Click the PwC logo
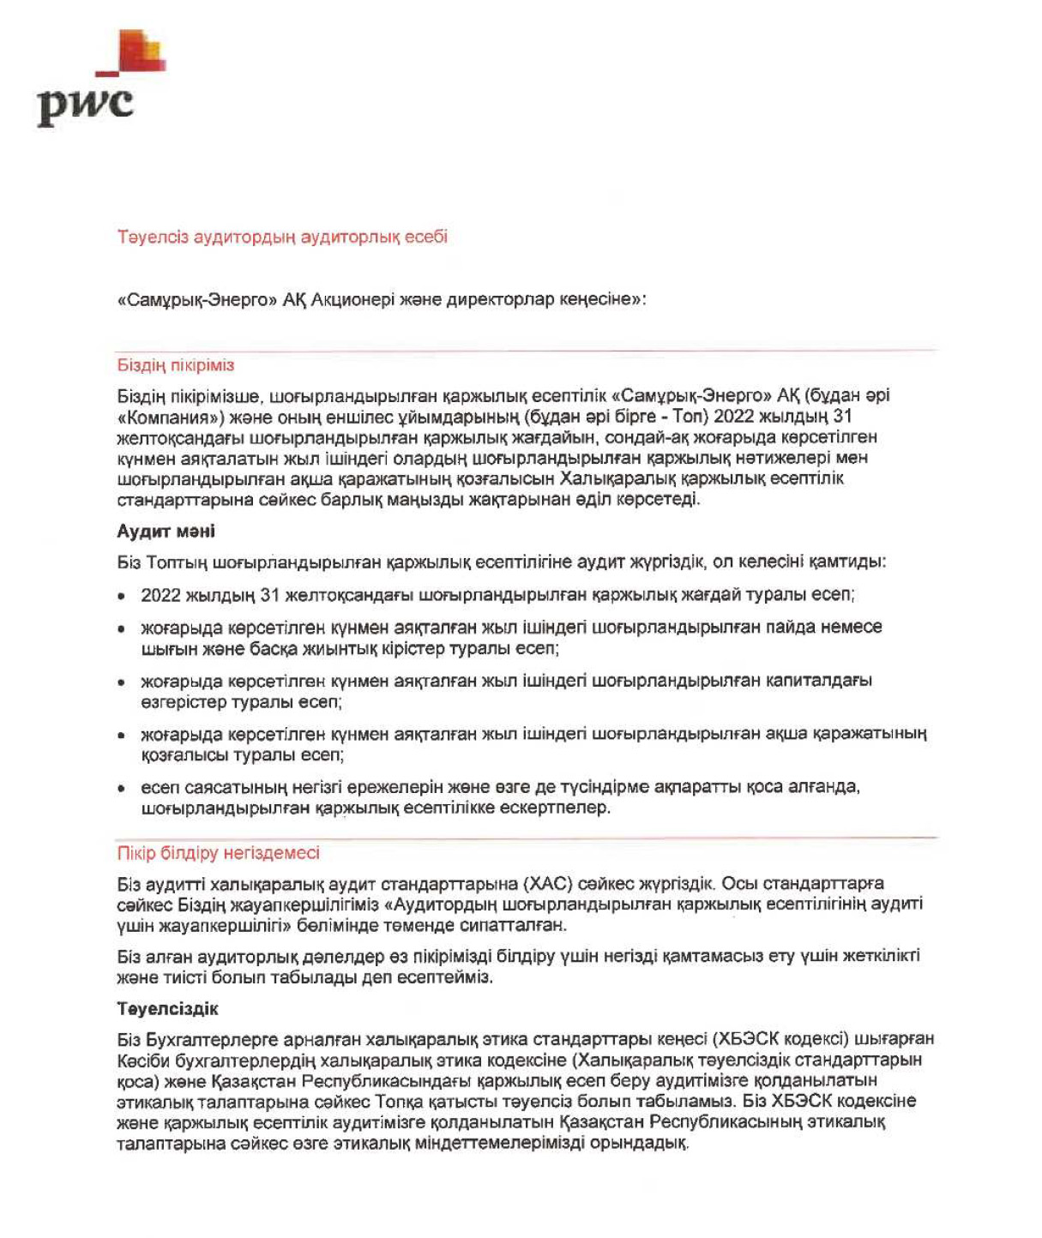point(94,81)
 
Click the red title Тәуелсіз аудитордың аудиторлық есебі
point(282,237)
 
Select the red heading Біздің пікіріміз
point(175,365)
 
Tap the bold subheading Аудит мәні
point(166,532)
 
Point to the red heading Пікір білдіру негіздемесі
point(218,853)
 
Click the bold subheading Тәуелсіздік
point(167,1009)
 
